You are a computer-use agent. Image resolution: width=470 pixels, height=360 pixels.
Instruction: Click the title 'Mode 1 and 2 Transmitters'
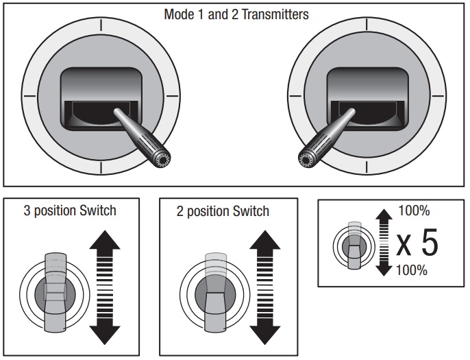click(236, 14)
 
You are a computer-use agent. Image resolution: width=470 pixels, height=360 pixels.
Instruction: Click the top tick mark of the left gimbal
click(101, 25)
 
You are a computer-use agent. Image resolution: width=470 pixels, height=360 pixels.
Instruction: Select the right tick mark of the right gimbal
click(439, 96)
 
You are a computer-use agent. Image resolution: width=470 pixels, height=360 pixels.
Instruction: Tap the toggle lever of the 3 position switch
click(55, 285)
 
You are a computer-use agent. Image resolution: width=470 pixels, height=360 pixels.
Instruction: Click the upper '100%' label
click(413, 210)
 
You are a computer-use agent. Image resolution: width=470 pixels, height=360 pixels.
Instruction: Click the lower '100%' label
click(413, 269)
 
